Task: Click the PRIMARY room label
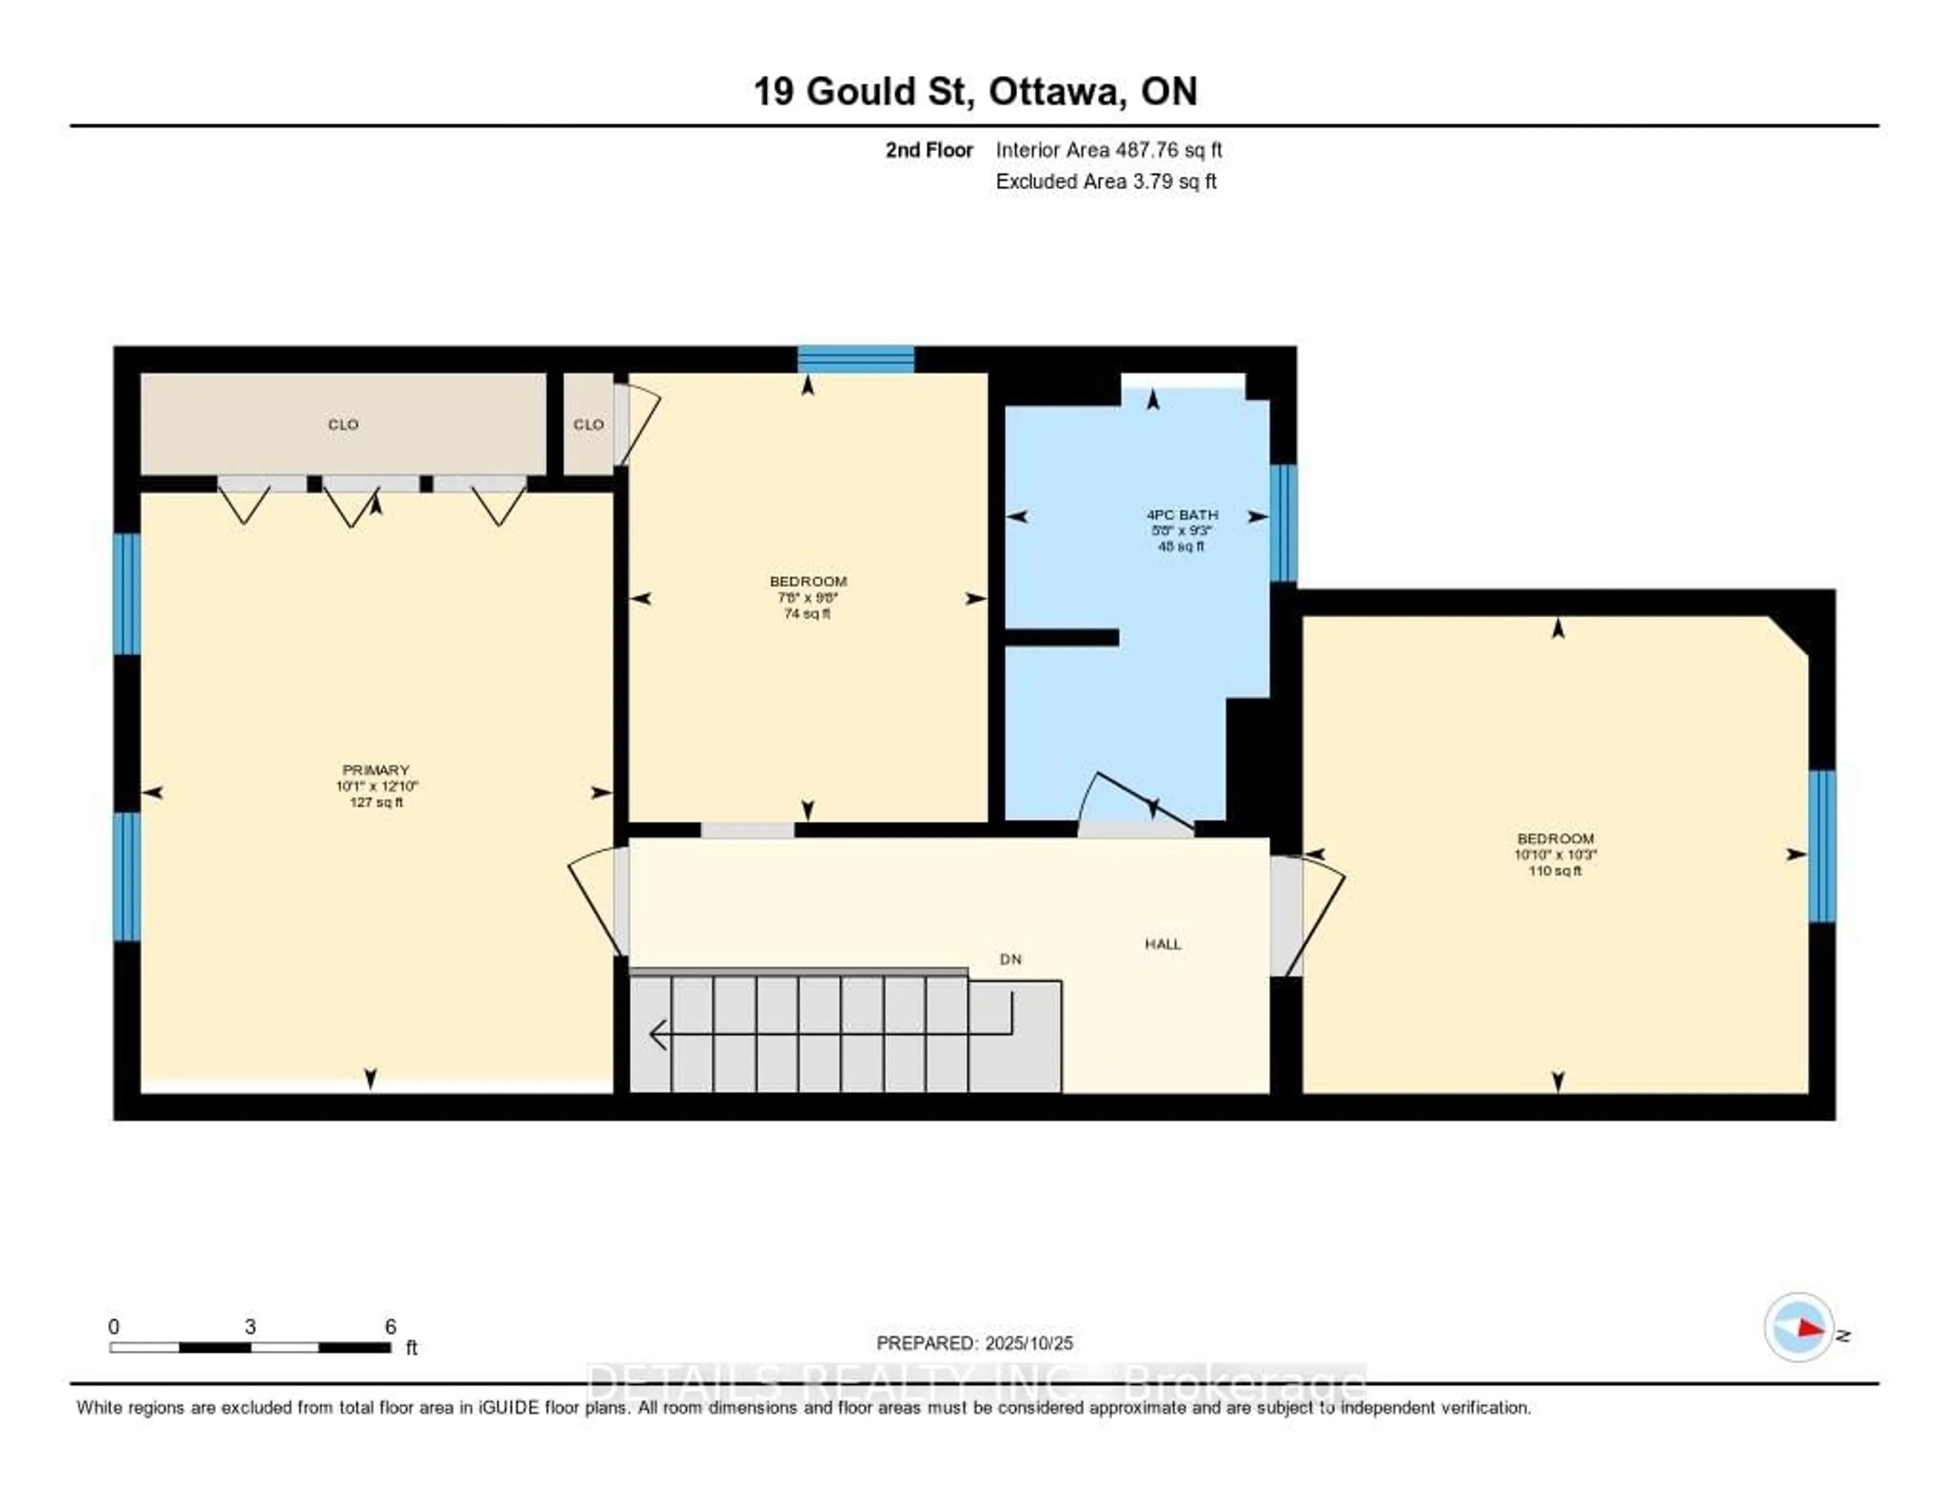coord(376,770)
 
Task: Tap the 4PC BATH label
coord(1182,515)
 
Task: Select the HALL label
coord(1163,944)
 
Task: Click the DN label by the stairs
coord(1010,959)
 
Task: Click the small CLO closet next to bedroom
coord(588,425)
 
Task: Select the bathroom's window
coord(1283,523)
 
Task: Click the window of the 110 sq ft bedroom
coord(1822,846)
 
